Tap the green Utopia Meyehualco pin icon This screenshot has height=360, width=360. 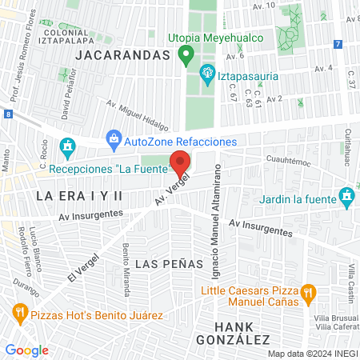pos(186,56)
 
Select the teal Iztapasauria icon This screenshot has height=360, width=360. pos(207,74)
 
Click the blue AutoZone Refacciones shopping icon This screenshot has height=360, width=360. pos(114,141)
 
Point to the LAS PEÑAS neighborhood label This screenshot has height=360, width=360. pos(161,263)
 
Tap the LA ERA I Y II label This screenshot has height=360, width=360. pos(79,195)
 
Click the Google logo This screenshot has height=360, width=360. pos(26,350)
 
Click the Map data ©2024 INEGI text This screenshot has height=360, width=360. pos(311,354)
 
